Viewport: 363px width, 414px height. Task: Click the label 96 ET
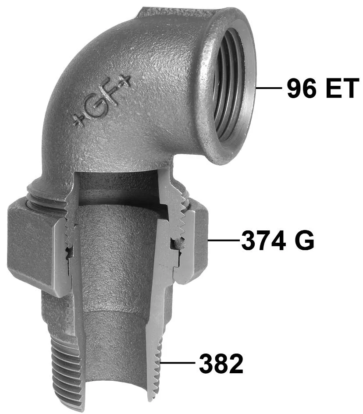323,88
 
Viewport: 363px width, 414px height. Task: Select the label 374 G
278,240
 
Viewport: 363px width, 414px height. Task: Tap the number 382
221,363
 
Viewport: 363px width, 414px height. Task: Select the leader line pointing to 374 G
223,240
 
